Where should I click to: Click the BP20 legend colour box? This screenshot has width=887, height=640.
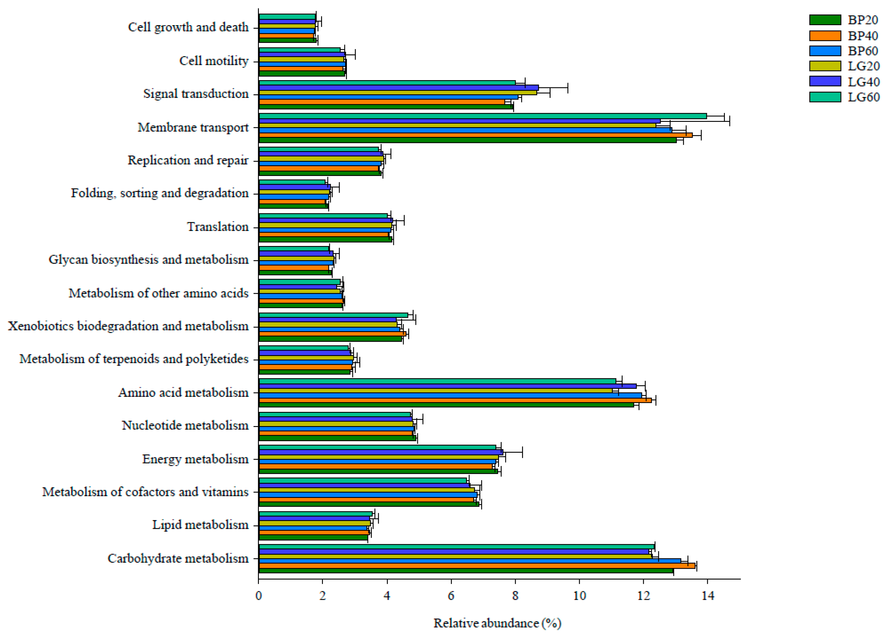825,20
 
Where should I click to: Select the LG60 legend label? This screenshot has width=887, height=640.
864,97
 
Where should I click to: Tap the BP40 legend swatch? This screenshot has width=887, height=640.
825,36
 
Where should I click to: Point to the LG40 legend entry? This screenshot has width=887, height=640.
864,82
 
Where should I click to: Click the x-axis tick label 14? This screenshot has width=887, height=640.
707,595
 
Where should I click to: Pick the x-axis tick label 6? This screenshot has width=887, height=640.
451,595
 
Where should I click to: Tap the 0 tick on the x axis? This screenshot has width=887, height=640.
259,595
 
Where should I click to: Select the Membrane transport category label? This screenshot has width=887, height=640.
193,127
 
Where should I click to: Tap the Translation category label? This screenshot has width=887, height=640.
217,227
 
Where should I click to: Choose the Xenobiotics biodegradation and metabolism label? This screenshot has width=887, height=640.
128,326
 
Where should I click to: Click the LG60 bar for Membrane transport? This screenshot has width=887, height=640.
481,116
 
